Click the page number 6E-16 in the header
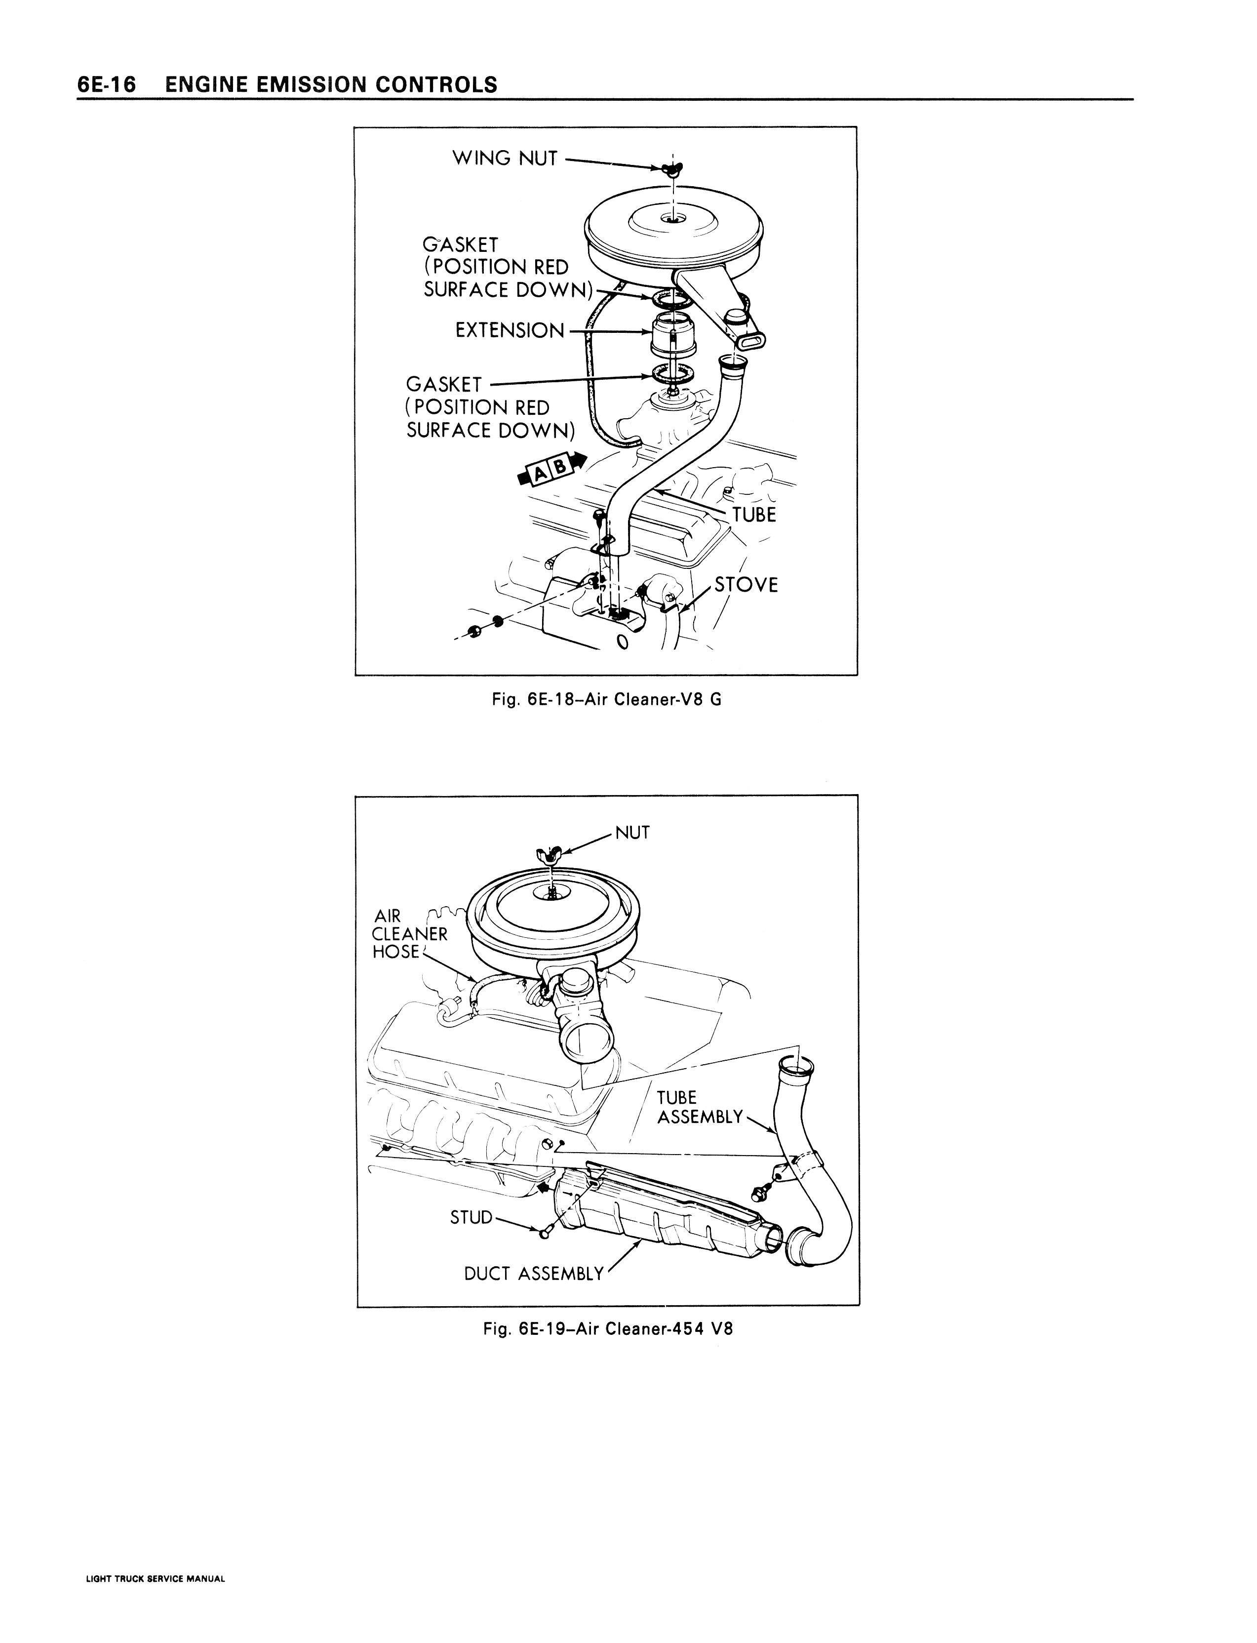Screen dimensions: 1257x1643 tap(106, 84)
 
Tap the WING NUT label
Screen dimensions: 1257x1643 tap(505, 158)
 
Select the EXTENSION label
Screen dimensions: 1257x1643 tap(510, 330)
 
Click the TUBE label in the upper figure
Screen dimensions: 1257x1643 tap(754, 515)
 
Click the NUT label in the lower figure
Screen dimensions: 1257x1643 tap(632, 833)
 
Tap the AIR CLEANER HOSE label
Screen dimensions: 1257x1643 tap(409, 934)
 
